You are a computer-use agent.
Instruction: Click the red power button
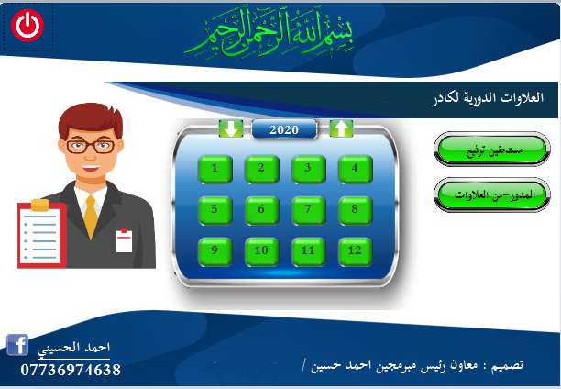(27, 26)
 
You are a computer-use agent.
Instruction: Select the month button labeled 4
(355, 169)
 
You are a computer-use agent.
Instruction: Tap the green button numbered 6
(261, 210)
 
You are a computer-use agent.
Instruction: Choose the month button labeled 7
(308, 210)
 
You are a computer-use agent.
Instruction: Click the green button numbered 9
(214, 251)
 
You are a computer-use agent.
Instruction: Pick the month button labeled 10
(261, 251)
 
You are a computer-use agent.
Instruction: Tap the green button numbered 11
(308, 251)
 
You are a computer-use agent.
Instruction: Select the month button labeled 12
(355, 251)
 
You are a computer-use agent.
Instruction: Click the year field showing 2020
(284, 129)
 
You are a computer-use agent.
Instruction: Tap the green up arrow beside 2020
(341, 128)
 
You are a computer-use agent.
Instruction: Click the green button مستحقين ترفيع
(492, 149)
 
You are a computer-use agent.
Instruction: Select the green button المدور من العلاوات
(492, 194)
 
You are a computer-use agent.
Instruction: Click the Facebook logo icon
(17, 345)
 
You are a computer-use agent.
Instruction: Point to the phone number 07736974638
(71, 370)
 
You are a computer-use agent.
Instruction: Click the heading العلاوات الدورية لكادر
(488, 98)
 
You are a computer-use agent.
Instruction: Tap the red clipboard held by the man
(42, 234)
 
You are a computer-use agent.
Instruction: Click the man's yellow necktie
(91, 217)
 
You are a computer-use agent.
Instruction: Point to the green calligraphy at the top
(269, 33)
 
